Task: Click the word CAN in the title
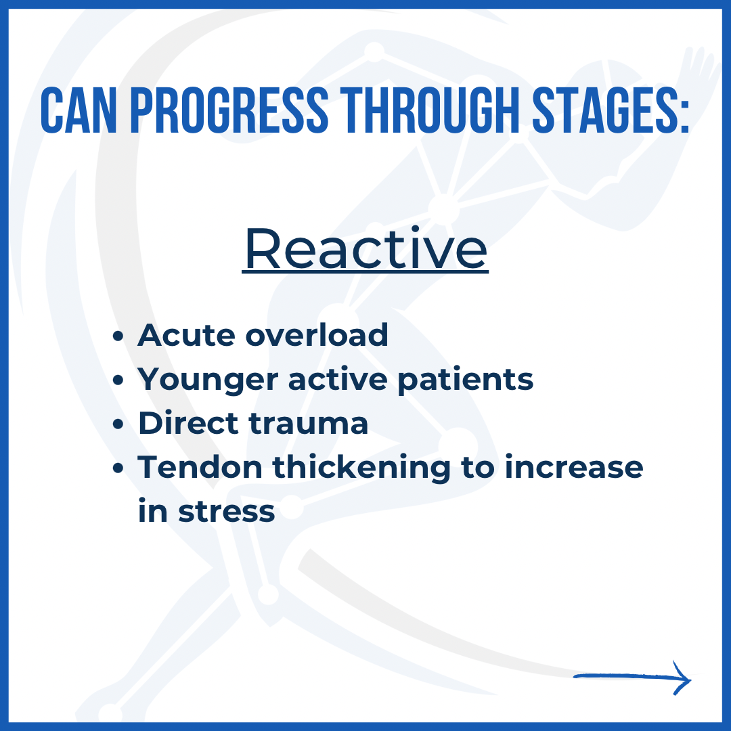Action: click(79, 110)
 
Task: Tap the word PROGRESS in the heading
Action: click(229, 110)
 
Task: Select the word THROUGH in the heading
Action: click(429, 110)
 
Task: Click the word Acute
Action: click(186, 335)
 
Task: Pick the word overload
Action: click(317, 335)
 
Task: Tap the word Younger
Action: click(208, 380)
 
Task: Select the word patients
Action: click(465, 380)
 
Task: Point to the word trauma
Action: click(309, 424)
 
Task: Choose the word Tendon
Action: click(200, 467)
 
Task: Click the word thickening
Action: click(361, 468)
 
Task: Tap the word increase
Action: click(574, 467)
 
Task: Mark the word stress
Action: click(227, 512)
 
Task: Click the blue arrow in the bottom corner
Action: click(632, 678)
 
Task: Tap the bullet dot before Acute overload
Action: click(118, 336)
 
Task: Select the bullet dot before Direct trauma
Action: click(118, 424)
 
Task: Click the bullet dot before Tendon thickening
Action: click(118, 468)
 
